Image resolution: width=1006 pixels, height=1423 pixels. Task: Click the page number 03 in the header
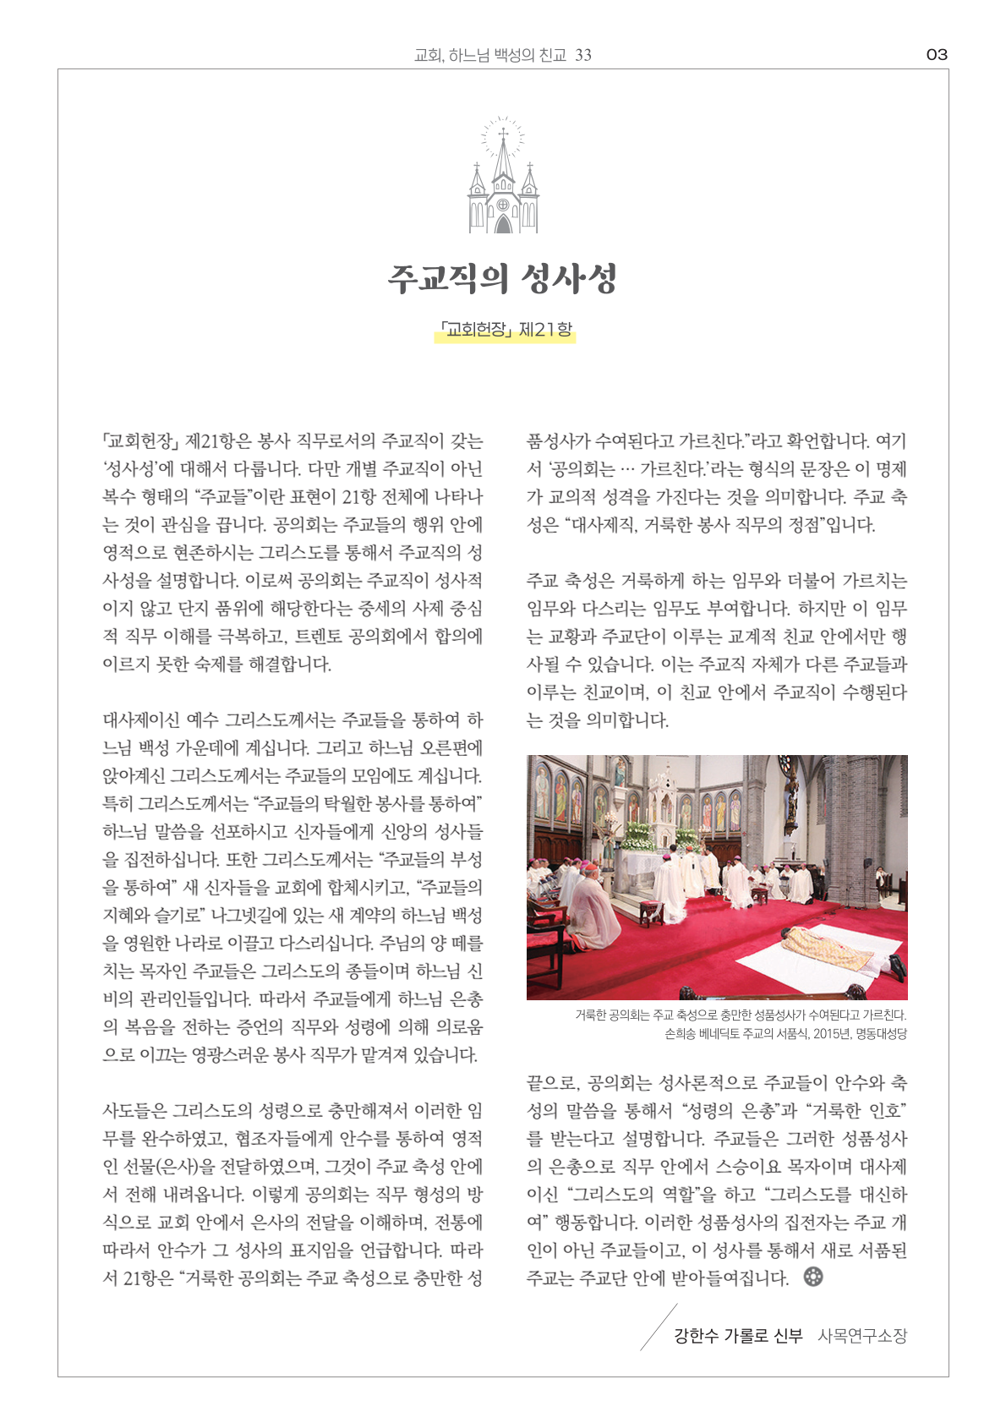[937, 55]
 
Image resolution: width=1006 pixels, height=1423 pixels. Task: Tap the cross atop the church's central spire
[503, 134]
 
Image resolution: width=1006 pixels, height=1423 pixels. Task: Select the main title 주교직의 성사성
[503, 278]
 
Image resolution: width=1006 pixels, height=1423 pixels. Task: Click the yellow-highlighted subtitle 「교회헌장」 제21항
[506, 330]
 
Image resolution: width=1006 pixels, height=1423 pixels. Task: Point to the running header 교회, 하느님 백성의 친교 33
[502, 55]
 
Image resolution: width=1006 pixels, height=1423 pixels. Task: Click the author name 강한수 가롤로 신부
[737, 1336]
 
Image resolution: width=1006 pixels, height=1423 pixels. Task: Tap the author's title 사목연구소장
[861, 1336]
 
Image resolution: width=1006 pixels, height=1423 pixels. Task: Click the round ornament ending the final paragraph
[813, 1277]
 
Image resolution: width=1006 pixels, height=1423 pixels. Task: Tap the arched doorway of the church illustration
[503, 223]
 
